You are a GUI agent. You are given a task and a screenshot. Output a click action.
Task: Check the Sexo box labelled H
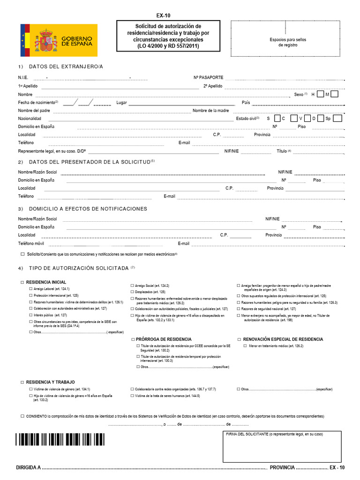[320, 94]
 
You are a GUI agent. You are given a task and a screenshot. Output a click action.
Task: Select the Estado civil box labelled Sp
[337, 119]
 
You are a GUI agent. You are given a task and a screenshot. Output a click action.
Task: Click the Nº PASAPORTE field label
[208, 77]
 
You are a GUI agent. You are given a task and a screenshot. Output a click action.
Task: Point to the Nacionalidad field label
[30, 119]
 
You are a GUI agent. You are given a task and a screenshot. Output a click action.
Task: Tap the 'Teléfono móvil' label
[31, 244]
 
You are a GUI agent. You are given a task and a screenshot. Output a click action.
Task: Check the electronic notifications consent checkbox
[22, 254]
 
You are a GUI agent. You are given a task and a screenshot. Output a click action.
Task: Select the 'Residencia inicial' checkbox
[22, 283]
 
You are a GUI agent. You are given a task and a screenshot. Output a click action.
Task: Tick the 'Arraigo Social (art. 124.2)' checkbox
[132, 285]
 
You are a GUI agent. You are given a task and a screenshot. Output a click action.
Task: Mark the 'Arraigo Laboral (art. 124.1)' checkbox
[31, 289]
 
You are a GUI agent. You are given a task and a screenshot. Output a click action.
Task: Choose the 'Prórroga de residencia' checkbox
[133, 339]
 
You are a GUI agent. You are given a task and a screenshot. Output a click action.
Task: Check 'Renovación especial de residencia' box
[239, 339]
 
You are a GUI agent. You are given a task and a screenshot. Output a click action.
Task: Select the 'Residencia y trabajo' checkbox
[22, 382]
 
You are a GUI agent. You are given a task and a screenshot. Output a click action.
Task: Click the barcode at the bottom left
[60, 439]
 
